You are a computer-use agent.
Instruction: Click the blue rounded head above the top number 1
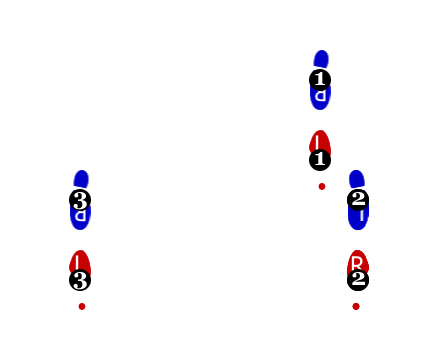(321, 59)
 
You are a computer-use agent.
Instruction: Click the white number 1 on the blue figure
(320, 79)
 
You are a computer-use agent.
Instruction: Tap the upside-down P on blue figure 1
(320, 97)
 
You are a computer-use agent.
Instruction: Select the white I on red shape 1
(317, 142)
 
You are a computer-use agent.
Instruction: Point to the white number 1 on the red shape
(320, 158)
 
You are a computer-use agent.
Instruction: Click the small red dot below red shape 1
(322, 186)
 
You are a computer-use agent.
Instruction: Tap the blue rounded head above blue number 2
(356, 178)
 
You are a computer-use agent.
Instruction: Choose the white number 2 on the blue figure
(358, 199)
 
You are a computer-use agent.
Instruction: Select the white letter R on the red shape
(357, 262)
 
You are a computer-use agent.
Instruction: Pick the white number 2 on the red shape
(358, 279)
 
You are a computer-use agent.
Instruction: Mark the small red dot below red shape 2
(356, 306)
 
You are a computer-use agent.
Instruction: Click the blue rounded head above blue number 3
(81, 178)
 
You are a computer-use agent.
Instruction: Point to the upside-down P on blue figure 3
(80, 216)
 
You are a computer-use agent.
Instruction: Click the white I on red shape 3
(77, 262)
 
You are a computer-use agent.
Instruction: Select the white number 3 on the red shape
(80, 280)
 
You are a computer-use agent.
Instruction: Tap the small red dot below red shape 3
(82, 306)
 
